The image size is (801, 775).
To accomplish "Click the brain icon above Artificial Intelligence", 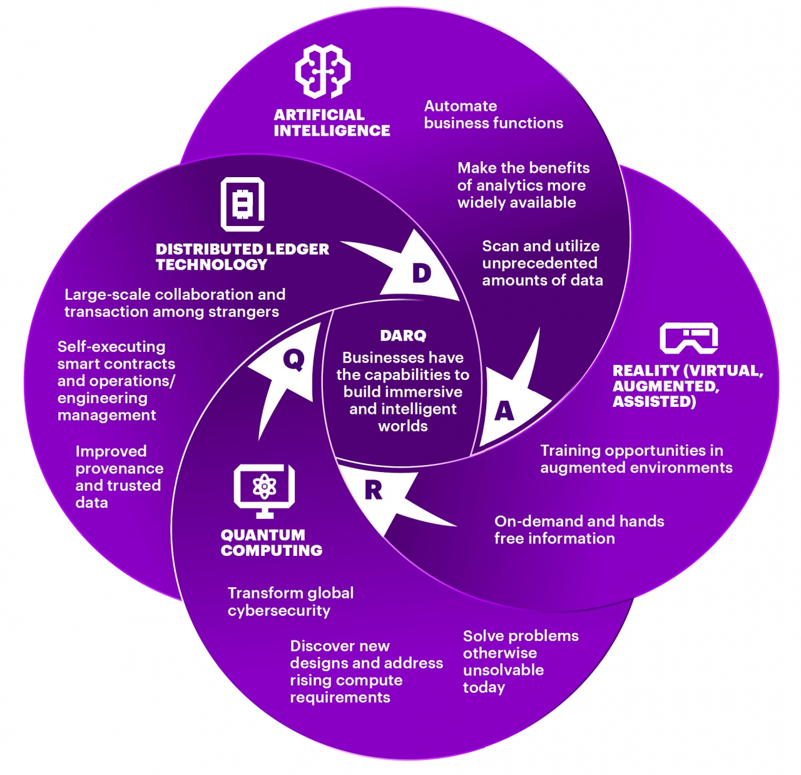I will [323, 71].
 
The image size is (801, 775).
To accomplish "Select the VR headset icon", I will [688, 338].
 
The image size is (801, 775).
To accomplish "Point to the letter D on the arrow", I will [422, 273].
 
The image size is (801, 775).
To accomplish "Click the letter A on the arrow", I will [504, 411].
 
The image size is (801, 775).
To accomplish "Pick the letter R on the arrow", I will [373, 491].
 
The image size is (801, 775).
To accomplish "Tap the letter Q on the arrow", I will [293, 359].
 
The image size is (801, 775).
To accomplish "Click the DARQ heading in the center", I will [403, 336].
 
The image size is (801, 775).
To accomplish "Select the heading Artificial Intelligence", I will [332, 123].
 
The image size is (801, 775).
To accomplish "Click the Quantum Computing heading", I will [272, 543].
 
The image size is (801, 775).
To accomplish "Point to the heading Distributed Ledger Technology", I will [242, 257].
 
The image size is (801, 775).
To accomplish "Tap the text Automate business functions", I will [493, 115].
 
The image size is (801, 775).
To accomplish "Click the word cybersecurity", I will [279, 610].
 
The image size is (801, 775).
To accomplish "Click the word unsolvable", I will [503, 670].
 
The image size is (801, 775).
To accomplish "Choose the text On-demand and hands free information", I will [579, 530].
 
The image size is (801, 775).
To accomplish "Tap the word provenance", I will [120, 469].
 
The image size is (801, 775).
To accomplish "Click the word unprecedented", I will [539, 263].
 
